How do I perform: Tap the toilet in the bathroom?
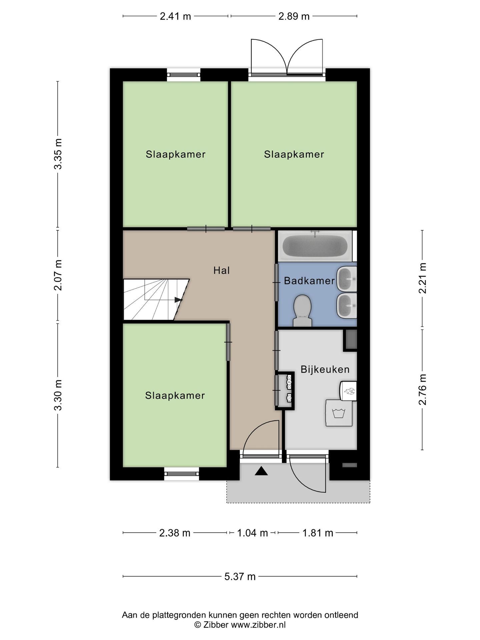coord(302,310)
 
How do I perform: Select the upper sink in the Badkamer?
coord(347,279)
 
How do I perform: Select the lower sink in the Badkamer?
coord(347,305)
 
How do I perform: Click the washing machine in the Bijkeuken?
coord(339,413)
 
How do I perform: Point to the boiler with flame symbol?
coord(348,391)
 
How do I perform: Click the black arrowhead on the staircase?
coord(179,300)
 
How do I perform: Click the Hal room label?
coord(222,270)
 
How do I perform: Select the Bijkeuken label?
coord(325,369)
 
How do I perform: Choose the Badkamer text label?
coord(309,281)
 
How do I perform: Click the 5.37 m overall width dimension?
coord(240,576)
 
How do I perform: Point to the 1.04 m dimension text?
coord(252,533)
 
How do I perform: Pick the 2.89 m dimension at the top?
coord(294,16)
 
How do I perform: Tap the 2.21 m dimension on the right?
coord(423,278)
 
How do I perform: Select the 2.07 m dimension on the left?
coord(58,275)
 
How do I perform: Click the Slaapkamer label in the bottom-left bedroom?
coord(175,396)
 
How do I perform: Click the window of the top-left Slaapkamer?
coord(184,75)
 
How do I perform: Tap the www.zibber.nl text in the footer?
coord(258,625)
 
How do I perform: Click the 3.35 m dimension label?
coord(58,154)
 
